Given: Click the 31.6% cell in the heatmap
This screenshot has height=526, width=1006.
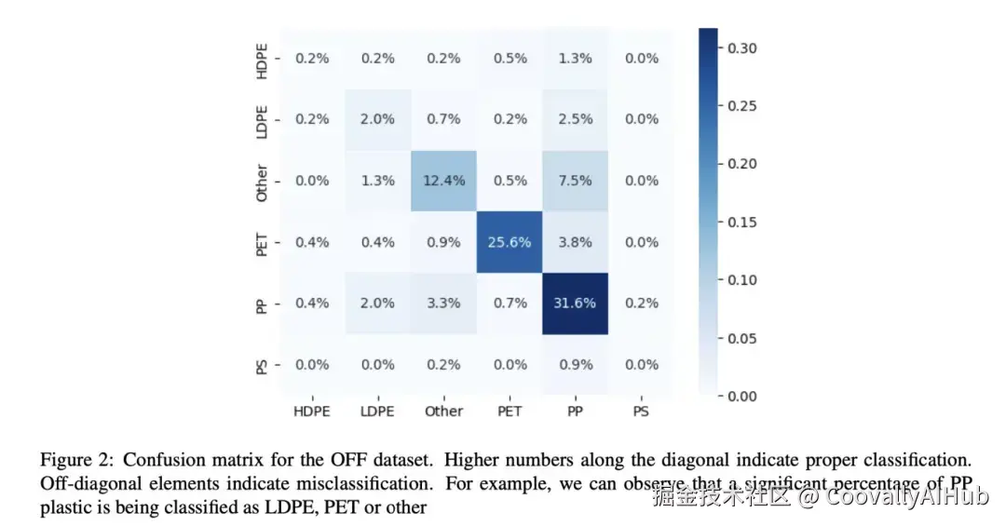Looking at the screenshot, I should click(575, 303).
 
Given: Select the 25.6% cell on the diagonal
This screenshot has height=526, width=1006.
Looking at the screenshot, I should click(509, 242).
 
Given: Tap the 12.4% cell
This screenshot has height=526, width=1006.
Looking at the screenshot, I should click(443, 181).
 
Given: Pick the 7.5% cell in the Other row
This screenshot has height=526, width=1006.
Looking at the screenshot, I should click(575, 181).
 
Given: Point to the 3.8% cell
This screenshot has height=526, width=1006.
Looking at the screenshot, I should click(575, 242).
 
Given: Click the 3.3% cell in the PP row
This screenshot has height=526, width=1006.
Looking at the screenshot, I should click(443, 303).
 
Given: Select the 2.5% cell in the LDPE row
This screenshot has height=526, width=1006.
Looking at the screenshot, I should click(575, 119).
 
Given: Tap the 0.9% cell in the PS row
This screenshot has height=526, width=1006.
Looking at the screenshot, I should click(575, 364).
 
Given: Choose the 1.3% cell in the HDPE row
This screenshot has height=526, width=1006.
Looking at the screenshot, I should click(575, 58).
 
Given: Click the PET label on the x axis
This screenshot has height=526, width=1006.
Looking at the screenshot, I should click(509, 411).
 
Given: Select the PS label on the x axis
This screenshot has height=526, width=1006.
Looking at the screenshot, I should click(640, 411).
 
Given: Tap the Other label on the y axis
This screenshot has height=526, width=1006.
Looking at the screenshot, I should click(263, 182).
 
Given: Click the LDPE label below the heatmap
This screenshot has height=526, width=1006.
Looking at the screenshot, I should click(377, 411).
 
